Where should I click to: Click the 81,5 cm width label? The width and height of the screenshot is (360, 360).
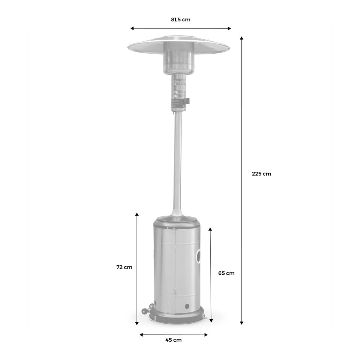tap(181, 20)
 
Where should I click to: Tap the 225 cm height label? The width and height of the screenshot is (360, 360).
tap(261, 174)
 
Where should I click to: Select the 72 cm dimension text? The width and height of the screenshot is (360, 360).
tap(124, 267)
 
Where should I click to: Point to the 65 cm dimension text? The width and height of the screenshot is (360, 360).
tap(226, 273)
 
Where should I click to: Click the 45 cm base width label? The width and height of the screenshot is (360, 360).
tap(174, 339)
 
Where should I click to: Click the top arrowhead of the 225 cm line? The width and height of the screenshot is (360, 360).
tap(242, 37)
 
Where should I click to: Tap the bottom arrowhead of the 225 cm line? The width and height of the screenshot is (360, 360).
tap(242, 323)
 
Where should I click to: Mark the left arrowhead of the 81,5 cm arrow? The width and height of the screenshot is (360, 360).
tap(132, 28)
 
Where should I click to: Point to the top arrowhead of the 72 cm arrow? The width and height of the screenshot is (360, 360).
tap(137, 215)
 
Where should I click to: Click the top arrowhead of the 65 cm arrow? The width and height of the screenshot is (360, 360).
tap(210, 229)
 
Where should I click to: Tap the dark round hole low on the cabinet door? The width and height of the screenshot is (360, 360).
tap(187, 306)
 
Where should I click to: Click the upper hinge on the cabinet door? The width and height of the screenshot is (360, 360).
tap(175, 248)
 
